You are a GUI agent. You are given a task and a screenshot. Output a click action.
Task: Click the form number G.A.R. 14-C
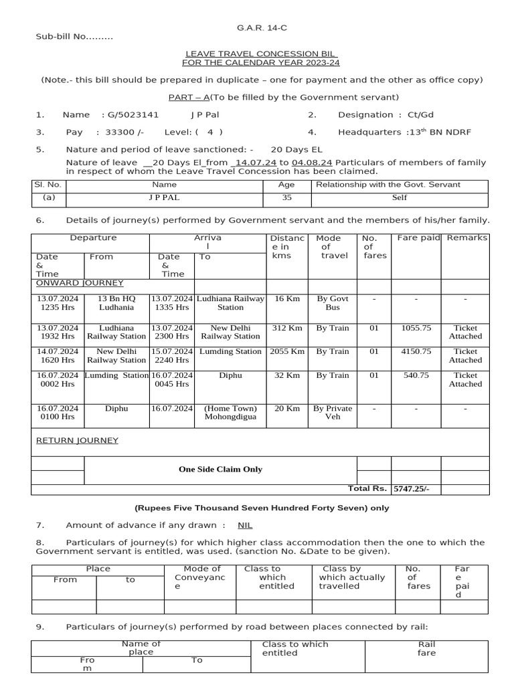257,27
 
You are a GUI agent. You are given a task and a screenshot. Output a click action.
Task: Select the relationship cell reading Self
400,198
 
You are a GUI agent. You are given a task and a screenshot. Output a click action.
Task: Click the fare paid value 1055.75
416,328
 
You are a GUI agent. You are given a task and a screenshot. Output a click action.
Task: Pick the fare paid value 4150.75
416,352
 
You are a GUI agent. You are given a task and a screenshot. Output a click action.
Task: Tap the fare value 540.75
416,376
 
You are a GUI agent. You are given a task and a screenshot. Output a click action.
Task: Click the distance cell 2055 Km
286,352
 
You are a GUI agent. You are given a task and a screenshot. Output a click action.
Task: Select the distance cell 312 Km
287,328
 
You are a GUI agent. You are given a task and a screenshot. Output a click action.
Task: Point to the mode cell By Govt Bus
333,303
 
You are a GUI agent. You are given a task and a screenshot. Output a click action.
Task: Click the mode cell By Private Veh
333,412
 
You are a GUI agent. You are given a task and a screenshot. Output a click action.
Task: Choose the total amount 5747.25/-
412,489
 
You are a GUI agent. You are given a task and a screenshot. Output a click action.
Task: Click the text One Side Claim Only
220,470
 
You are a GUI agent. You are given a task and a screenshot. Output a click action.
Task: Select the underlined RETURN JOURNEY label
77,440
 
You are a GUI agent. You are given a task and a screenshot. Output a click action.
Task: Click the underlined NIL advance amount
245,526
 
